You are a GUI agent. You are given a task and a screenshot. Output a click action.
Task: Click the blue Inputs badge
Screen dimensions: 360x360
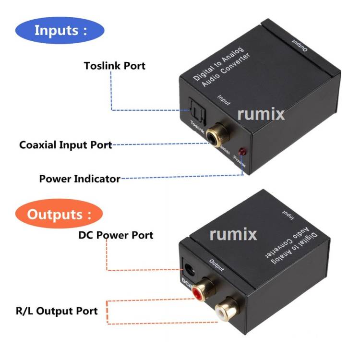pos(60,30)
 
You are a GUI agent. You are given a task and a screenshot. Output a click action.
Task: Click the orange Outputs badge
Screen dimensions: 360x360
pos(58,214)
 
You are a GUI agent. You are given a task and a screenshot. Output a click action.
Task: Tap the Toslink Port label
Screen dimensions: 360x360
pos(114,65)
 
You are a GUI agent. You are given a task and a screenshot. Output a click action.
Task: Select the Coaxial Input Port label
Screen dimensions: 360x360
pos(65,144)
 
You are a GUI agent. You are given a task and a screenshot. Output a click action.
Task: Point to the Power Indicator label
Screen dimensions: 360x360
pos(80,179)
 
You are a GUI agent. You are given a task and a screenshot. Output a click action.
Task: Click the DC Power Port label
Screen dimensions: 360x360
pos(116,235)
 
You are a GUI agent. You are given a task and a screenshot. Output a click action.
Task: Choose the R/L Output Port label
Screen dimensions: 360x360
pos(57,311)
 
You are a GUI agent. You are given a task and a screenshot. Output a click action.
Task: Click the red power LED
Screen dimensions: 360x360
pos(242,152)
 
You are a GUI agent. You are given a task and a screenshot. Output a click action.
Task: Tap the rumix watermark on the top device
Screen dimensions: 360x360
pos(261,114)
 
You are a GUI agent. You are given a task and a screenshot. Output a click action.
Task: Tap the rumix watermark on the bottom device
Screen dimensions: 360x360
pos(233,234)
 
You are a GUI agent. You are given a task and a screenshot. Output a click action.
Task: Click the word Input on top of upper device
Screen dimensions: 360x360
pos(224,99)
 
